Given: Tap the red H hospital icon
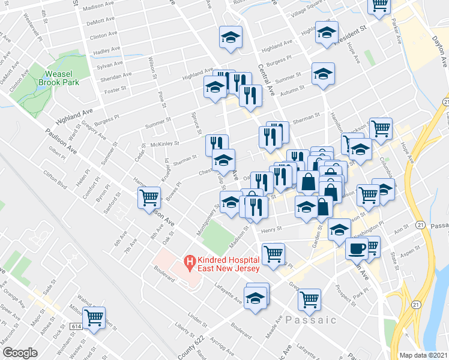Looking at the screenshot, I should [x=189, y=262].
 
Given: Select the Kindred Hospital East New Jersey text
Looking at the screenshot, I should [x=229, y=264].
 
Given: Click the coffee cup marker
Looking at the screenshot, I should [x=357, y=248].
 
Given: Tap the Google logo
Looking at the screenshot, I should [x=19, y=353].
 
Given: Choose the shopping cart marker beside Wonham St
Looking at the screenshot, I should [x=94, y=317].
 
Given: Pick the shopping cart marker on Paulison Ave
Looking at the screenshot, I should [x=149, y=197].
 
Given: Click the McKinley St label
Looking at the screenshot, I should [x=165, y=145].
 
